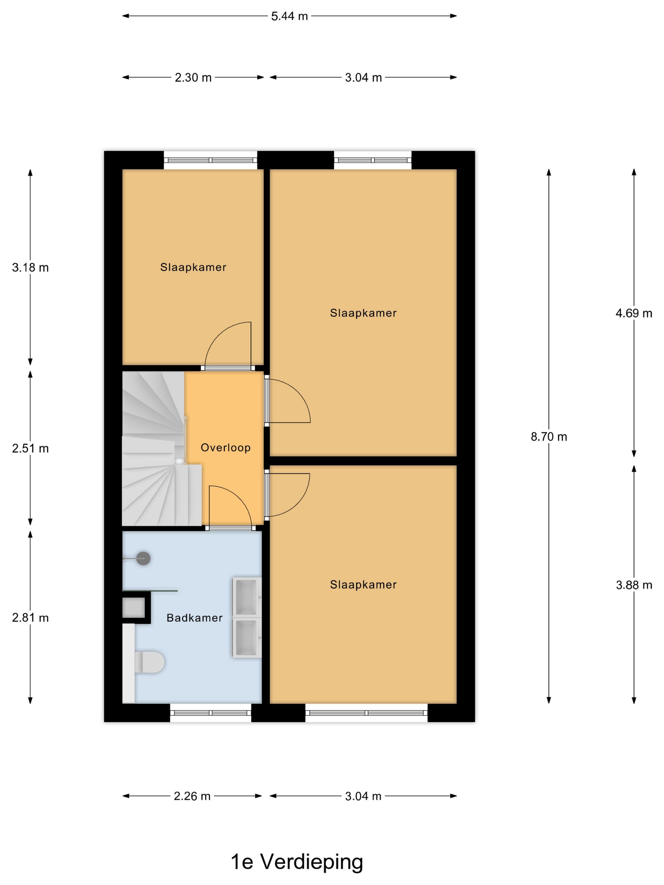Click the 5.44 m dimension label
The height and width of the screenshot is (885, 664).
289,16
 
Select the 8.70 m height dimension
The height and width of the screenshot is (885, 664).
548,436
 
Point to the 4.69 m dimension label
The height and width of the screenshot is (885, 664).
633,313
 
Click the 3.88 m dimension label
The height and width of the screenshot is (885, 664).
633,585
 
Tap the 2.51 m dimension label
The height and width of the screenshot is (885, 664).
30,448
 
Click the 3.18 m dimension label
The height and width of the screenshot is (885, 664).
30,267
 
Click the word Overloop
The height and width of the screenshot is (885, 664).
225,447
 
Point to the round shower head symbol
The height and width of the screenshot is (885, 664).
143,558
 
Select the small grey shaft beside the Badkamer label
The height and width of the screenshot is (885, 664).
133,608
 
